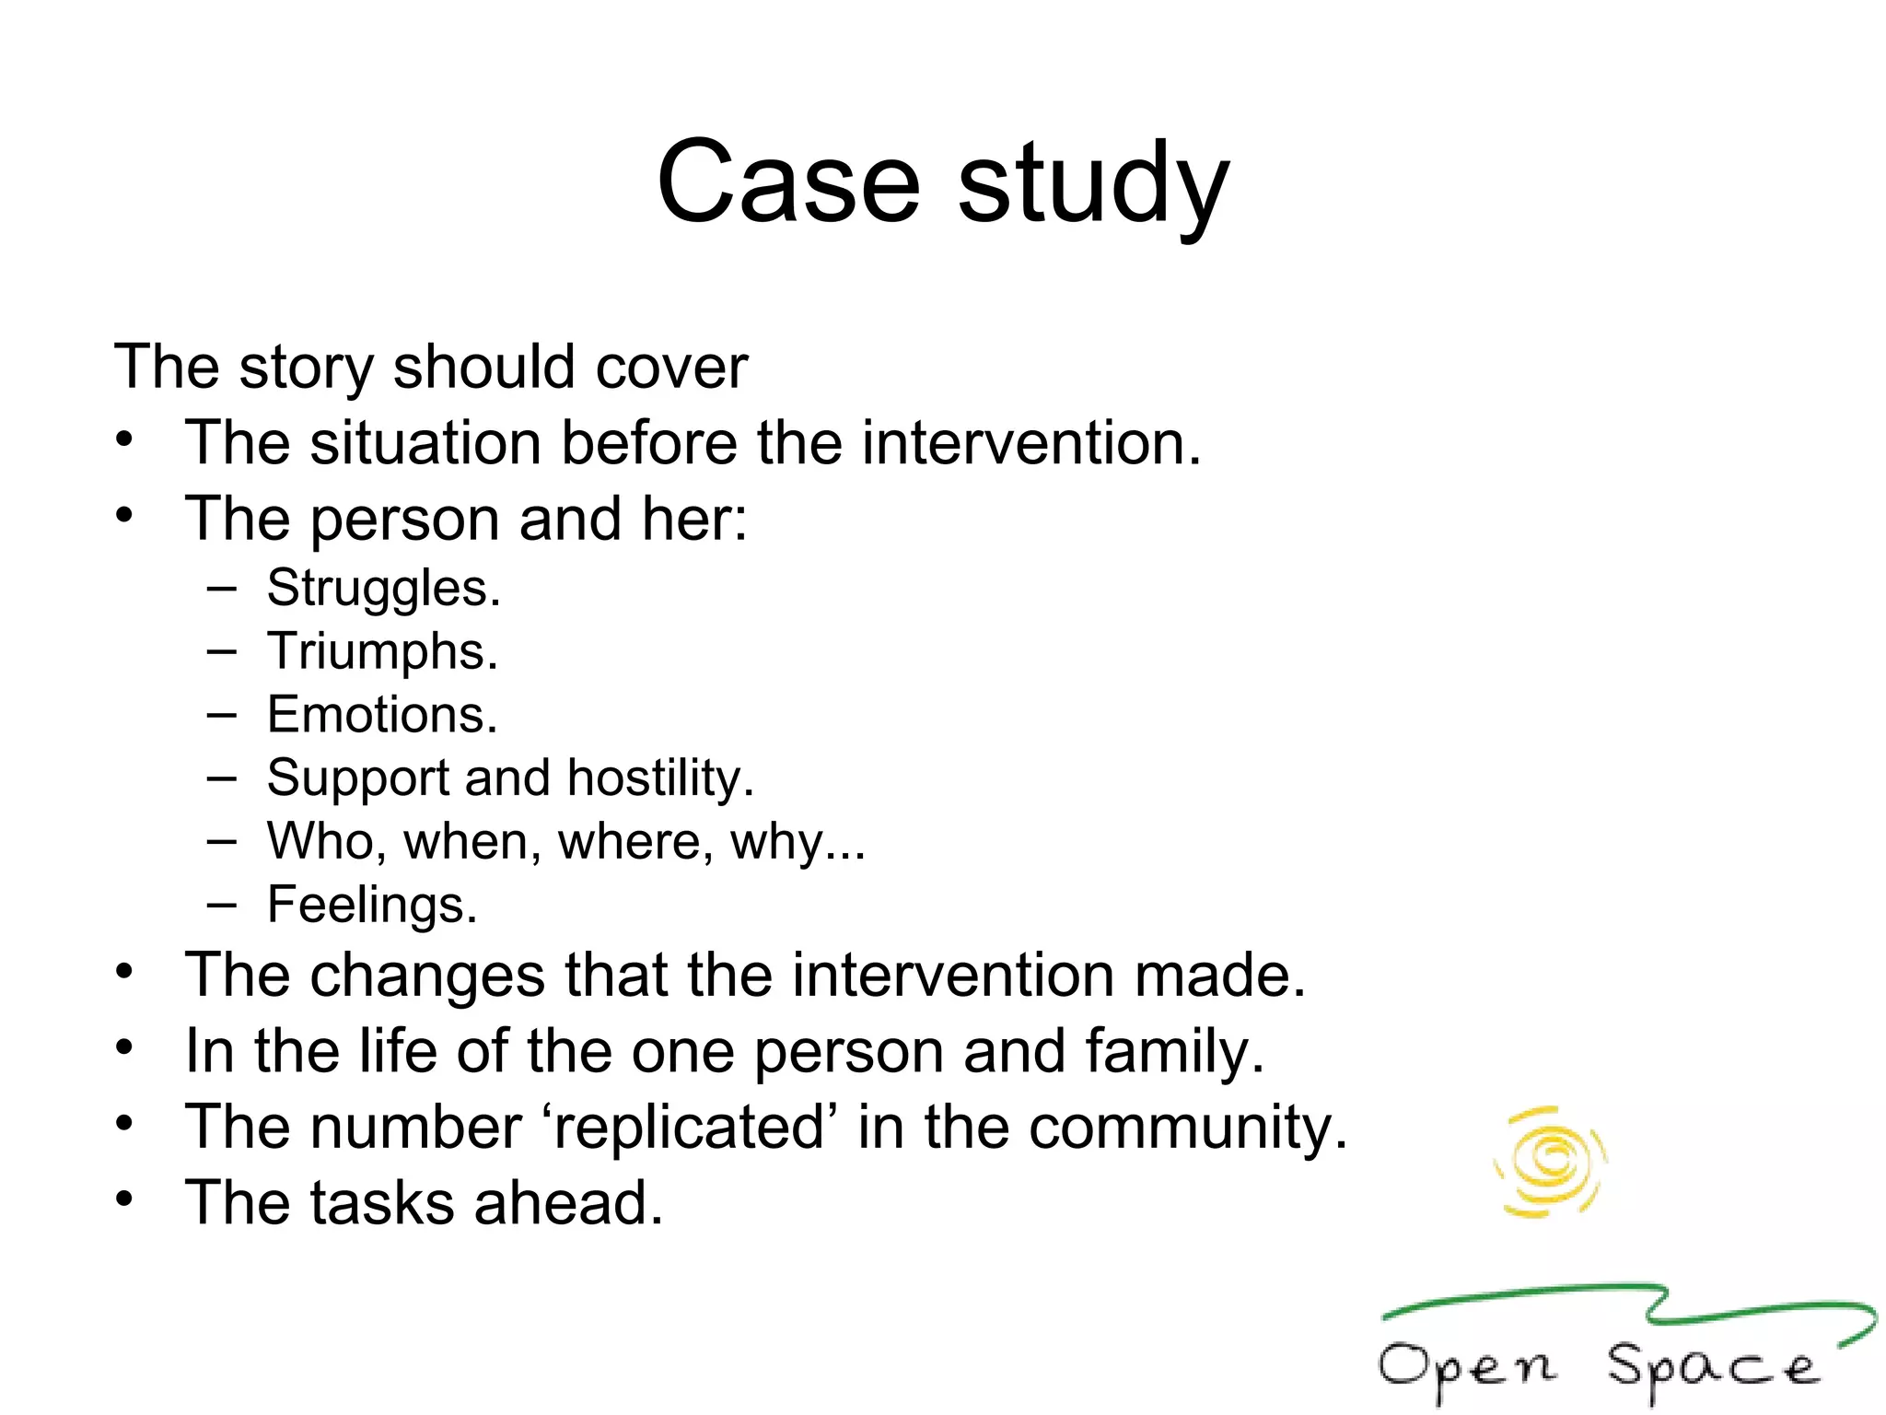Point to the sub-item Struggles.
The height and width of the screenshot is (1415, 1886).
(383, 589)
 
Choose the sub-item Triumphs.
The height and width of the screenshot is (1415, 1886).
(382, 652)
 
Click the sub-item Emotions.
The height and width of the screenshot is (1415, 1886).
(382, 715)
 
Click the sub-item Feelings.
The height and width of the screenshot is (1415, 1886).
(372, 905)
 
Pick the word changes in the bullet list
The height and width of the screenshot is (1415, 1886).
(428, 976)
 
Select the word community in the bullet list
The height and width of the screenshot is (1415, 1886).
(1187, 1128)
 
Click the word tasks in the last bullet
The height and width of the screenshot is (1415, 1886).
(383, 1203)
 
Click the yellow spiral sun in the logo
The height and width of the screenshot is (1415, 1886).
(1551, 1162)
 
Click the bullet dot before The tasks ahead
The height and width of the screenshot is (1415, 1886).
(125, 1199)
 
